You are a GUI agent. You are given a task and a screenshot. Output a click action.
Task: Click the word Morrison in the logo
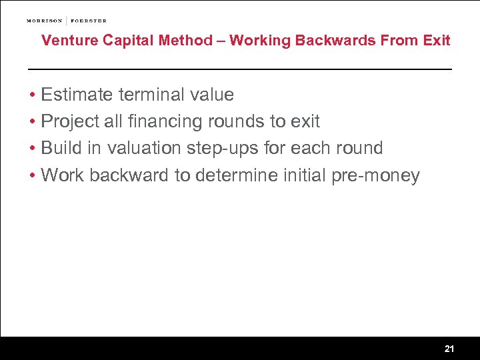45,21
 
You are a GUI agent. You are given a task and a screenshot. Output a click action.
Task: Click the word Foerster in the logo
88,21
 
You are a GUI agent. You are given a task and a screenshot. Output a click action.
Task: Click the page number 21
449,349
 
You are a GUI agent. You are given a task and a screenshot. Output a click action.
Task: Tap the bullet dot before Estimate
33,95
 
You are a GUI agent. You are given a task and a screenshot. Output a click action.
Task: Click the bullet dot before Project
33,122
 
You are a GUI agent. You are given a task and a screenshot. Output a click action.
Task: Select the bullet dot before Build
33,149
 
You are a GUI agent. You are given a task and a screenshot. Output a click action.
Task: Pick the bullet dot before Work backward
33,176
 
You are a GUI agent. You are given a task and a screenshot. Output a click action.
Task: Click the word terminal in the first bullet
149,95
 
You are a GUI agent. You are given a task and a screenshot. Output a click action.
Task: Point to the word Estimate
77,95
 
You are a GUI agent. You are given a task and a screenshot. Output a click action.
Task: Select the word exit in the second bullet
305,122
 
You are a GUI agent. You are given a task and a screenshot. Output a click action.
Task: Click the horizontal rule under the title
239,69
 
